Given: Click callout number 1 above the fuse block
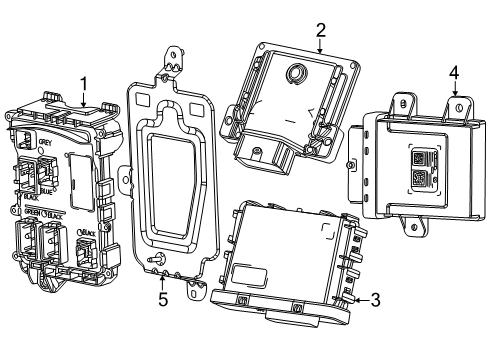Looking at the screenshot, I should coord(84,84).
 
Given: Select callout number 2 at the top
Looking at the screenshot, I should coord(320,30).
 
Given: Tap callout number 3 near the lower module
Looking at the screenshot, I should coord(375,299).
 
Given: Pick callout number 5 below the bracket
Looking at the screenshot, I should coord(163,298).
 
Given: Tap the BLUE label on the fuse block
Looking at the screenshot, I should coord(48,189).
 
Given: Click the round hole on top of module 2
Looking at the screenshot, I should coord(296,73).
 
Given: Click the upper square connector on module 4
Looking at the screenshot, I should coord(419,157).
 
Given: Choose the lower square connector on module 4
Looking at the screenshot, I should coord(419,180).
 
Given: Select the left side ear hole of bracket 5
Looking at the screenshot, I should coord(125,180).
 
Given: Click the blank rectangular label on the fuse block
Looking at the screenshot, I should coord(82,190).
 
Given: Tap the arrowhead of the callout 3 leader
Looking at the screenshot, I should coord(354,298).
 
